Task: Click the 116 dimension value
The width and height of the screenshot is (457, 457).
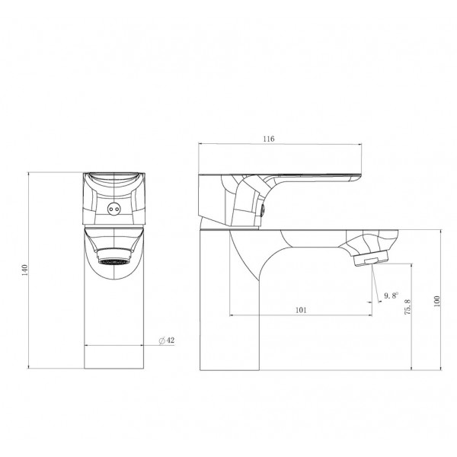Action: click(x=268, y=139)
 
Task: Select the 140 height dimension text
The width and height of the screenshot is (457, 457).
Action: click(x=24, y=270)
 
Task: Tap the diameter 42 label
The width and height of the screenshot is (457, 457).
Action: click(x=167, y=340)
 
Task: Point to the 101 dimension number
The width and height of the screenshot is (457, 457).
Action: click(x=301, y=310)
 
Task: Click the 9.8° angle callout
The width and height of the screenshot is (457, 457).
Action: click(x=391, y=296)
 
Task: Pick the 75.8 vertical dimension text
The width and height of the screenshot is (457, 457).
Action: click(x=407, y=307)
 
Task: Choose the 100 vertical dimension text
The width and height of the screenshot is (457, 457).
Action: click(x=436, y=302)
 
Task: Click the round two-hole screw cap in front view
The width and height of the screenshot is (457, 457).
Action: click(x=113, y=209)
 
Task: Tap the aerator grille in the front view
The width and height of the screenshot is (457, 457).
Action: click(x=113, y=261)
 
